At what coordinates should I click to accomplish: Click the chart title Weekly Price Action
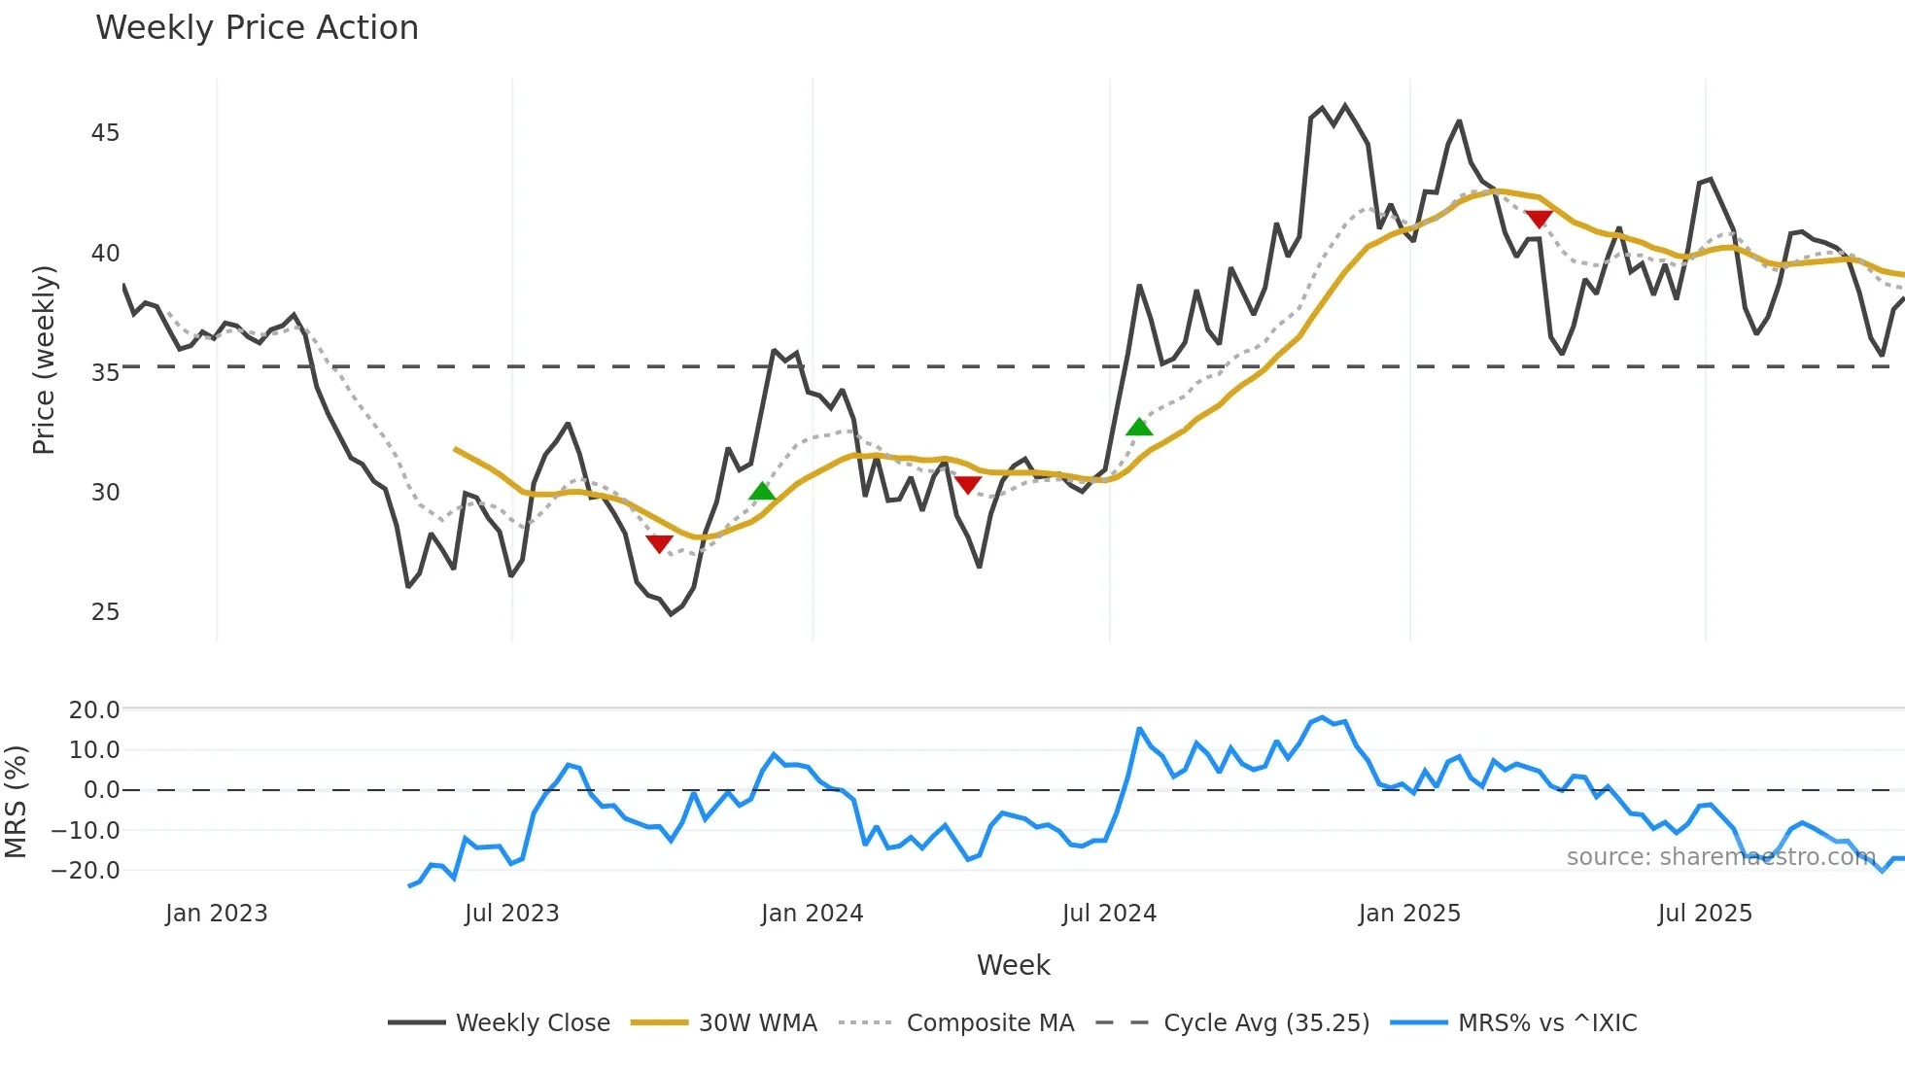pyautogui.click(x=257, y=28)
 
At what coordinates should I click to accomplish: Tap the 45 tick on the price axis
pyautogui.click(x=105, y=133)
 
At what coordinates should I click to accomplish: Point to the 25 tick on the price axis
pyautogui.click(x=105, y=612)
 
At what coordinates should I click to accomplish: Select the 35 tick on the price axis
pyautogui.click(x=105, y=373)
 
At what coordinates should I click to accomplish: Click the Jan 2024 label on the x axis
pyautogui.click(x=812, y=914)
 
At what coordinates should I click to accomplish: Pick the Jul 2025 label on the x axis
pyautogui.click(x=1705, y=914)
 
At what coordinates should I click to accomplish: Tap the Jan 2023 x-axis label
pyautogui.click(x=216, y=914)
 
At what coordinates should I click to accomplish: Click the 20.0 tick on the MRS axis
pyautogui.click(x=94, y=710)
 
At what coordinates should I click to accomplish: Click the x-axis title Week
pyautogui.click(x=1013, y=965)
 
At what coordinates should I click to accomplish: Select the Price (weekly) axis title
pyautogui.click(x=45, y=360)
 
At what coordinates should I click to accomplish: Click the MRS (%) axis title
pyautogui.click(x=17, y=802)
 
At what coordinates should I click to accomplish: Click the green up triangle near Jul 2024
pyautogui.click(x=1139, y=428)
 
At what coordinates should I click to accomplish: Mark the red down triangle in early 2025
pyautogui.click(x=1539, y=219)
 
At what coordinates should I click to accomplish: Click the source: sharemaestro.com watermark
pyautogui.click(x=1720, y=857)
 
